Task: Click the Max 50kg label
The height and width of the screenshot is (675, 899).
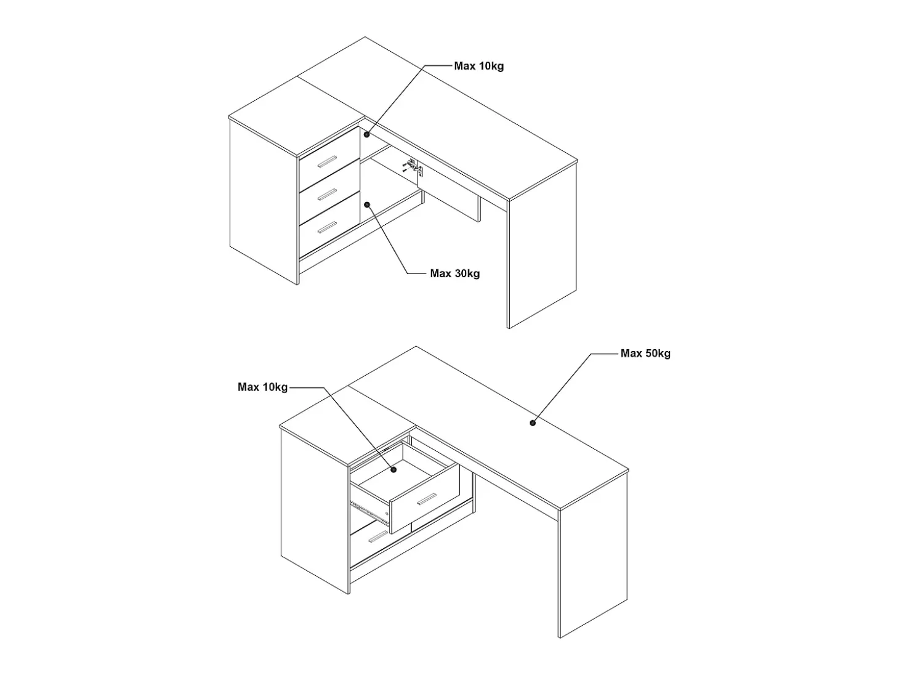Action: click(645, 354)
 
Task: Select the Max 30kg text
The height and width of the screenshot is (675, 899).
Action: click(454, 273)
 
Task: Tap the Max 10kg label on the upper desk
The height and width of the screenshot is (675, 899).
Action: click(479, 66)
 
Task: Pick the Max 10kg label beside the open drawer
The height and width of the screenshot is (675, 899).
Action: click(262, 387)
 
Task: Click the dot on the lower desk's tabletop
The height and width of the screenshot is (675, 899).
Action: click(533, 423)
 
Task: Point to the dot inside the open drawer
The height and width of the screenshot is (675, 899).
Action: click(393, 470)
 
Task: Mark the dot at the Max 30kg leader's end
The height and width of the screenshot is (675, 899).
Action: click(367, 205)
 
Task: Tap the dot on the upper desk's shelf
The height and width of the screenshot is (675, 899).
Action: click(367, 134)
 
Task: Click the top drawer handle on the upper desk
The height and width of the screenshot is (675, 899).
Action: click(327, 162)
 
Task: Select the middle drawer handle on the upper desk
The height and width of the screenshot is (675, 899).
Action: click(327, 194)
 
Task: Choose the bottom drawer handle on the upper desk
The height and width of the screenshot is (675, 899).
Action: click(327, 227)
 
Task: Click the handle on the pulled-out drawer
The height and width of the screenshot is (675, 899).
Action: click(426, 499)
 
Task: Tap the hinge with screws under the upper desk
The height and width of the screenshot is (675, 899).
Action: click(413, 167)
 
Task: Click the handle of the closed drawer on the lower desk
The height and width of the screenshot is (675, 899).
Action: click(379, 536)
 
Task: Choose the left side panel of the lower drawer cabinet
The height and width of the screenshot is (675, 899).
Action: click(315, 511)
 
